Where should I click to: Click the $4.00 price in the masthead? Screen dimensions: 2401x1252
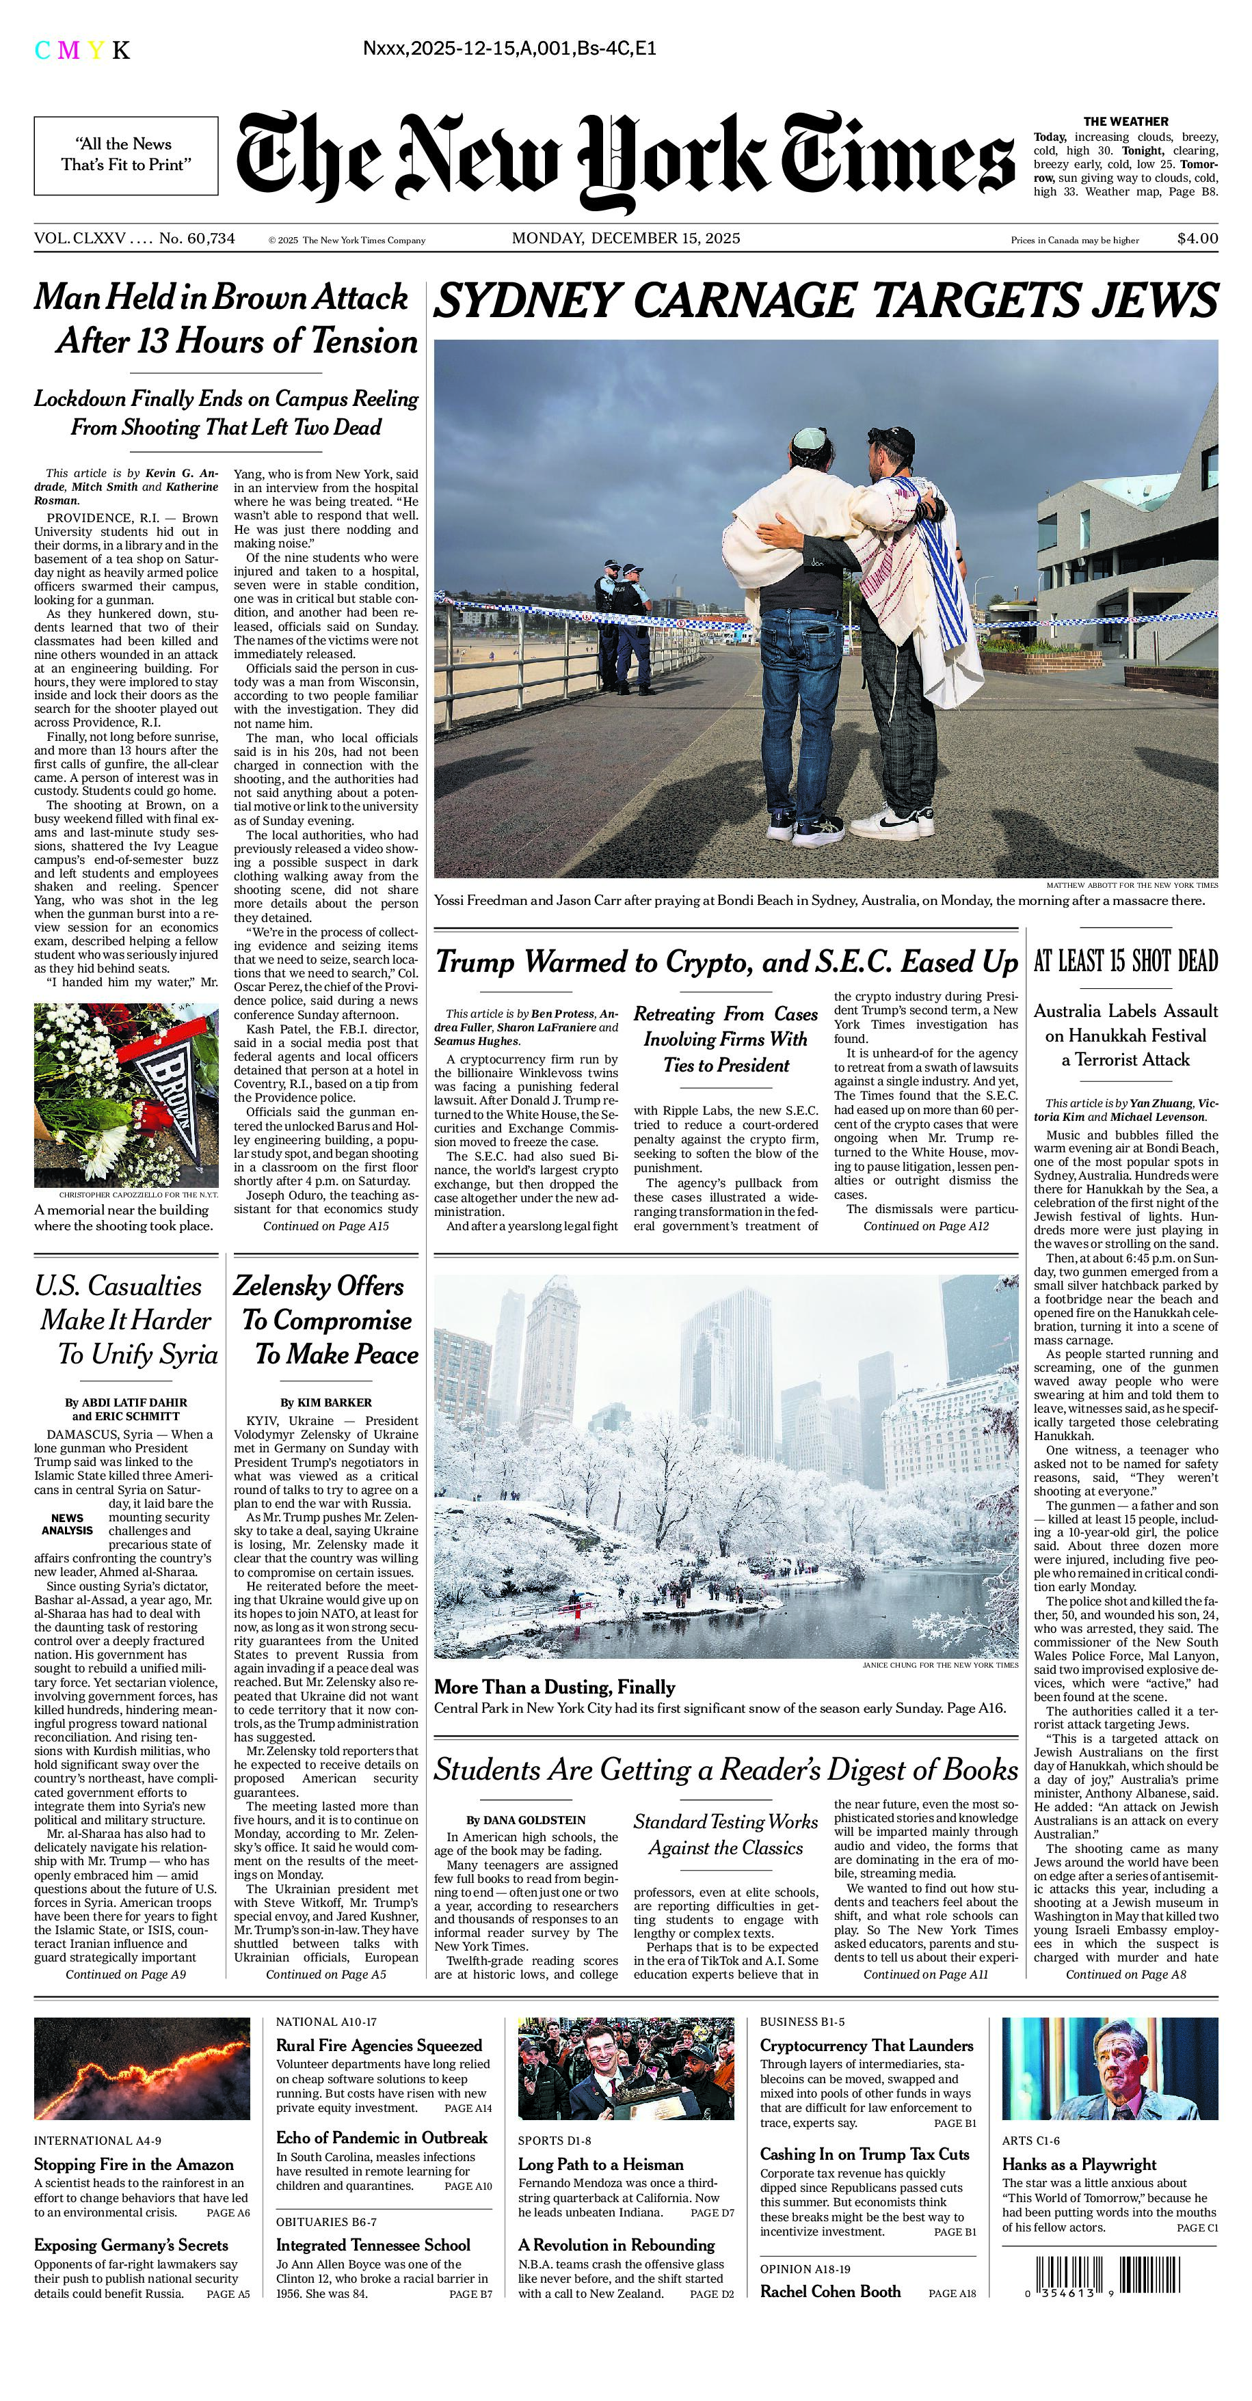(x=1197, y=239)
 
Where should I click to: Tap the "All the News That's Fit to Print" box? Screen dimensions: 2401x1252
(x=126, y=154)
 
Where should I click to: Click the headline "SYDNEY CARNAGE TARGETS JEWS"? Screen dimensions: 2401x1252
(x=826, y=301)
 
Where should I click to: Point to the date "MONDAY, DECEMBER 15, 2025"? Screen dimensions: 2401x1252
(x=626, y=239)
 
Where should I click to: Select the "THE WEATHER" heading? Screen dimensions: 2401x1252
(x=1126, y=121)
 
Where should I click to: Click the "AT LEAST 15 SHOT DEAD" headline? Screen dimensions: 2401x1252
(x=1126, y=962)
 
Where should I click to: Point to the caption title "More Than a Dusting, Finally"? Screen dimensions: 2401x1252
(x=555, y=1687)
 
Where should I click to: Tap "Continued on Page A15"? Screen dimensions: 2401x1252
(x=325, y=1227)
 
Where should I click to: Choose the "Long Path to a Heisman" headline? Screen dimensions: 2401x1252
(x=600, y=2165)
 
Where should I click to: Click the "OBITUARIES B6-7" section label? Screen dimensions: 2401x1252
(x=326, y=2221)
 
